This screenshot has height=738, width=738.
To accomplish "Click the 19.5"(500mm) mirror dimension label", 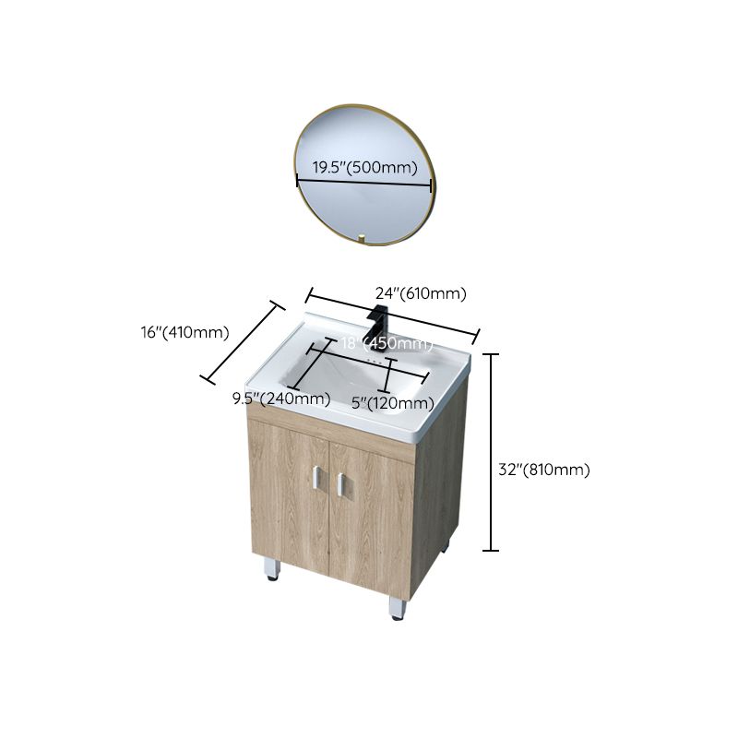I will coord(364,168).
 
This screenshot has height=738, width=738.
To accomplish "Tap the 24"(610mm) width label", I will coord(420,293).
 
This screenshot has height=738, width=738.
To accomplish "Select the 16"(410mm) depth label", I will coord(184,333).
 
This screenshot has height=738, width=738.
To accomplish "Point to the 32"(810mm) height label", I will coord(543,470).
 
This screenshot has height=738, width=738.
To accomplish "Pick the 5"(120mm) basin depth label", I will coord(393,403).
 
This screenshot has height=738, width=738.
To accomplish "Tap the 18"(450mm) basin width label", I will coord(387,344).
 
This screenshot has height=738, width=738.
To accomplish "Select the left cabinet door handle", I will coord(315,480).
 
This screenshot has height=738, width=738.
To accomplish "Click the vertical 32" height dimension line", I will coord(492,452).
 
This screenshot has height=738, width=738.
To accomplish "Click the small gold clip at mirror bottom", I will coord(363,243).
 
